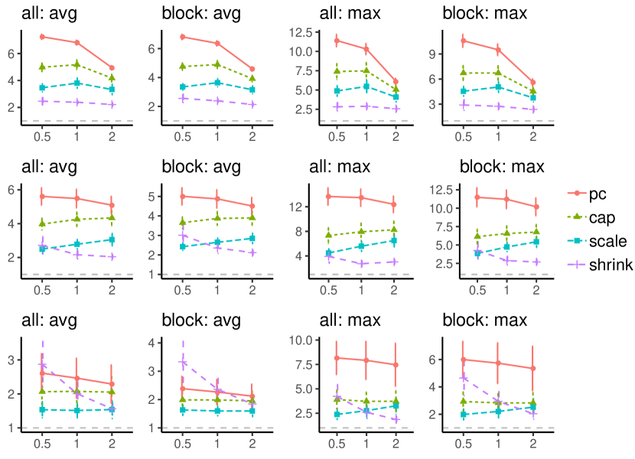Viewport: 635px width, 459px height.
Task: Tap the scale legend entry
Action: click(596, 241)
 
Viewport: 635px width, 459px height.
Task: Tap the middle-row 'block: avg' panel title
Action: click(203, 166)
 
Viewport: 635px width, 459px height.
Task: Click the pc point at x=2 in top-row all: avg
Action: click(112, 68)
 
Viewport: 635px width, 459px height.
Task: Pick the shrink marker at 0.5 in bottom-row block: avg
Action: click(183, 362)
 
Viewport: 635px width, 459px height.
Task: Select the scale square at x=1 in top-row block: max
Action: click(499, 87)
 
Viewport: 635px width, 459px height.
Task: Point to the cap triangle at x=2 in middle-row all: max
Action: click(394, 229)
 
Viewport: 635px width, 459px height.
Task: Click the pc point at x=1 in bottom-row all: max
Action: click(366, 360)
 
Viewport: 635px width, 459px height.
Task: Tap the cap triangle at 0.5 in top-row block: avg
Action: click(183, 67)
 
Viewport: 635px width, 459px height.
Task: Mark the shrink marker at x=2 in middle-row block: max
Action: click(536, 262)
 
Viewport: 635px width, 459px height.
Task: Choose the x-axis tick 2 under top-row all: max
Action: click(396, 138)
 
